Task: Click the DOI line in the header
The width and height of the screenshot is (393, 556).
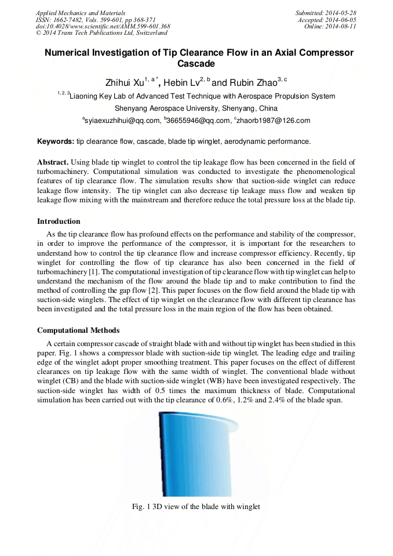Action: pos(103,27)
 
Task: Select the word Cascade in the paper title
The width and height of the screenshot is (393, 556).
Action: pos(196,64)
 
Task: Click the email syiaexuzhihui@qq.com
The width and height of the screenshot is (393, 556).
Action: pos(122,121)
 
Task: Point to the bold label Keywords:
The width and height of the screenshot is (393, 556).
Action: pos(56,141)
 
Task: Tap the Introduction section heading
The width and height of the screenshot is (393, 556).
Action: pos(59,221)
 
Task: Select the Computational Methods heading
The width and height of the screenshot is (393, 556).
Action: pos(78,330)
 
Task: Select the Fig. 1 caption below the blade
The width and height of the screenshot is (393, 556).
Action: pos(196,507)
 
